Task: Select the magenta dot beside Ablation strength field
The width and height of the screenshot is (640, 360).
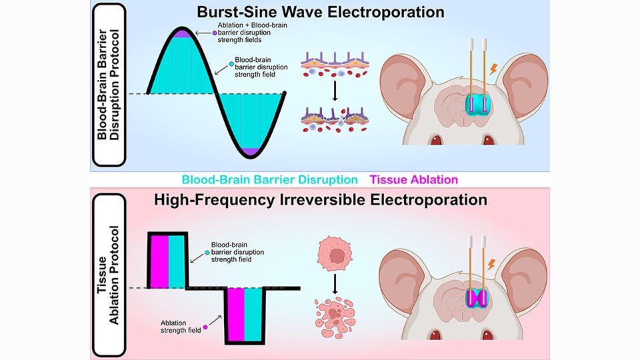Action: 205,327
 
